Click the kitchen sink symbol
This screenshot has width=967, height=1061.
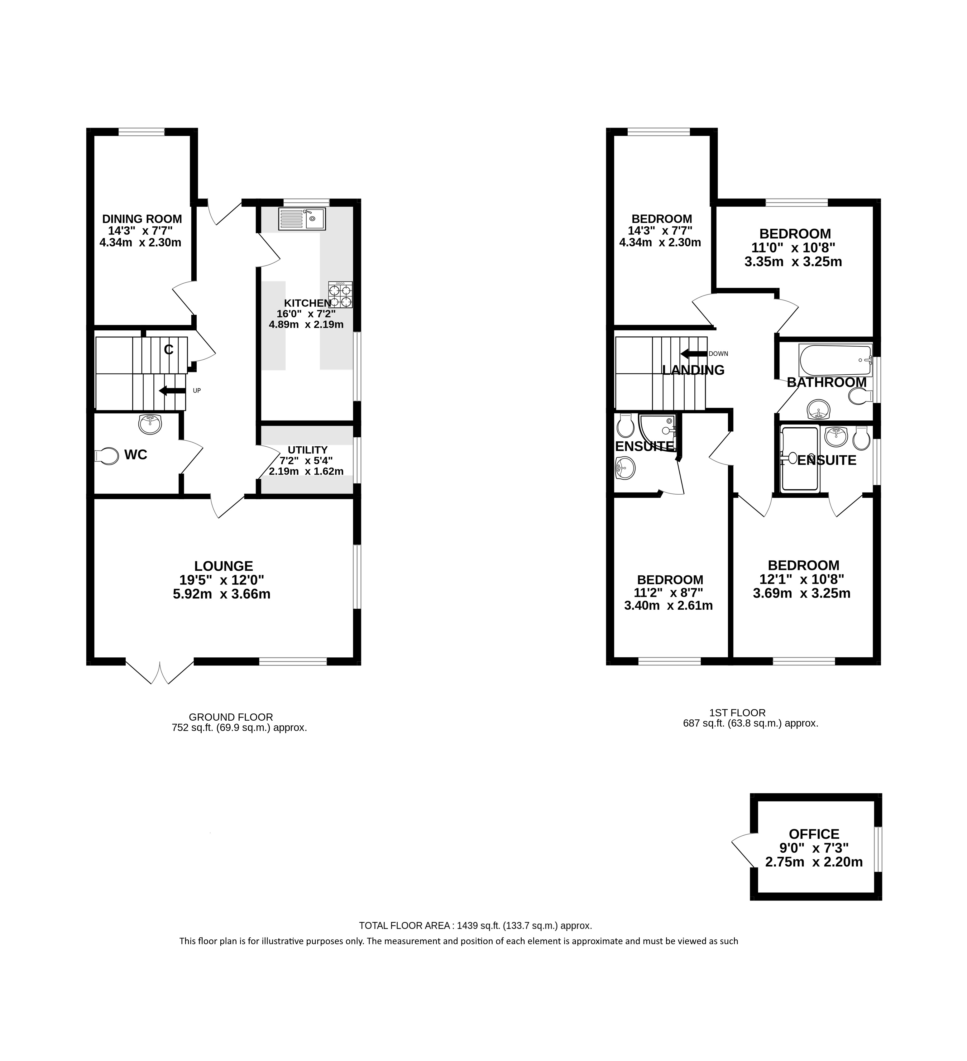point(302,219)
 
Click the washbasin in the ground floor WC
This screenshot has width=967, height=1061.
point(151,424)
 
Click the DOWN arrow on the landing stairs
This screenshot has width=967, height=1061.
point(693,354)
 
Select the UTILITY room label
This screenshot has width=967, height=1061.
point(308,450)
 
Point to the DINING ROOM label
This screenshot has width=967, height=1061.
point(142,219)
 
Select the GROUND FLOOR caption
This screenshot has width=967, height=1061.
point(231,717)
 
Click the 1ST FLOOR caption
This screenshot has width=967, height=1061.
point(737,713)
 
